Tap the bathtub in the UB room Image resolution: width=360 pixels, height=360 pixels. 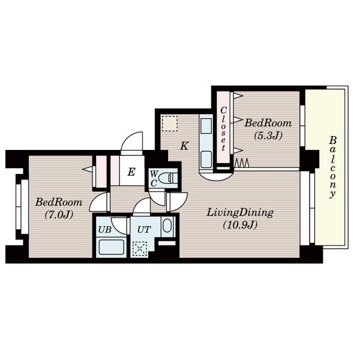112,247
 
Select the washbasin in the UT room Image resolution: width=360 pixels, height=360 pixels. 168,226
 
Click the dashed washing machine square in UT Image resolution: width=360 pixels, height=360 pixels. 140,248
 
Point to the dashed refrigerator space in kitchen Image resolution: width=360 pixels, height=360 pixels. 170,124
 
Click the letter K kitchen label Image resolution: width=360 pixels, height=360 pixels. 184,146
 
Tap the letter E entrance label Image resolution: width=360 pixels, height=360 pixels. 131,172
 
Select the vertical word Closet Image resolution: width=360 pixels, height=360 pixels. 223,129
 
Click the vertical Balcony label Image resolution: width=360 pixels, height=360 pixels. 332,167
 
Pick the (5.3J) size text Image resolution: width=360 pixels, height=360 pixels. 268,136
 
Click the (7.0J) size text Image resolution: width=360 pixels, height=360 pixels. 59,215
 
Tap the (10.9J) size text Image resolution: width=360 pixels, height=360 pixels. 240,225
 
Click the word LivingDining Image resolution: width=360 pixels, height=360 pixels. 240,212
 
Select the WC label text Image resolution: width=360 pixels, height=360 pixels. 154,179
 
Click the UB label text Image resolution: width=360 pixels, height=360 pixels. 105,229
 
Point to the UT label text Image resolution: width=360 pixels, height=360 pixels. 144,229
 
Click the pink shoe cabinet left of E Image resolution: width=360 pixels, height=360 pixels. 115,170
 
